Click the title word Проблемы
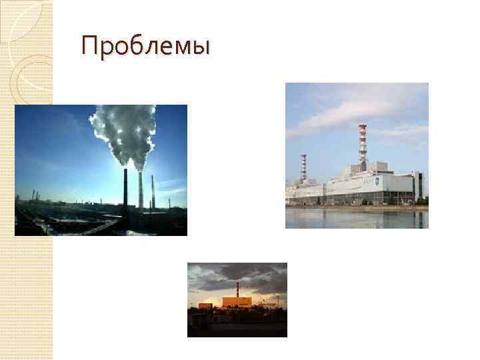(145, 47)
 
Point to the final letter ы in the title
(201, 49)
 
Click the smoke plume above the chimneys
(127, 133)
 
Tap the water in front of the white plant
(357, 218)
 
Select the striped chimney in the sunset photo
(237, 290)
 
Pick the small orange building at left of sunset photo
(205, 305)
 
